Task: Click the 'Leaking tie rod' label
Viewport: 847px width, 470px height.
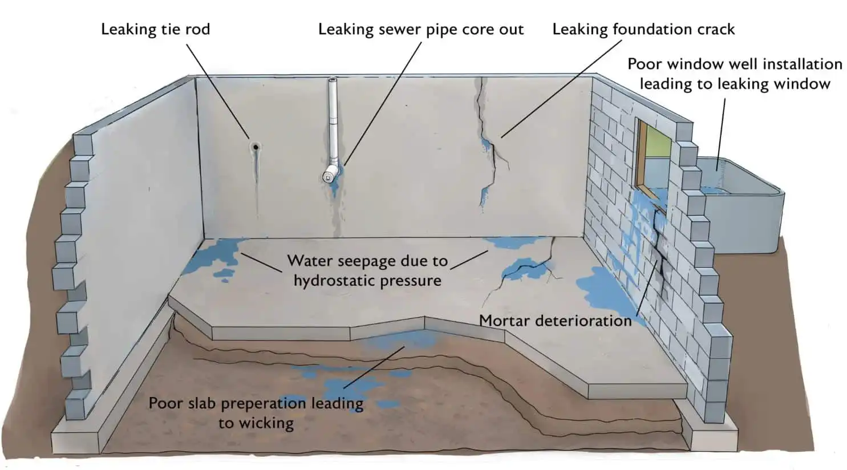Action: (x=155, y=29)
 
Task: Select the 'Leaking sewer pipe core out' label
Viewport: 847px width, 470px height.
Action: (x=420, y=29)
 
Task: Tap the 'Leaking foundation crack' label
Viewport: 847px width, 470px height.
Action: (x=643, y=29)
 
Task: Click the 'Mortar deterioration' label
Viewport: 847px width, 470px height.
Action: (x=555, y=321)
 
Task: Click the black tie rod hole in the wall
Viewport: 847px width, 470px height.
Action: (x=256, y=147)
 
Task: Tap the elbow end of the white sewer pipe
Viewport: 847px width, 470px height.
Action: (x=329, y=176)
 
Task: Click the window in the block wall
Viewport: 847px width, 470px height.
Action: (x=655, y=157)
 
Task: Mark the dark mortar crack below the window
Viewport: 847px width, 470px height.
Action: (x=660, y=245)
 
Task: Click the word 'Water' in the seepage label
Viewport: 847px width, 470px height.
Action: (x=309, y=261)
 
